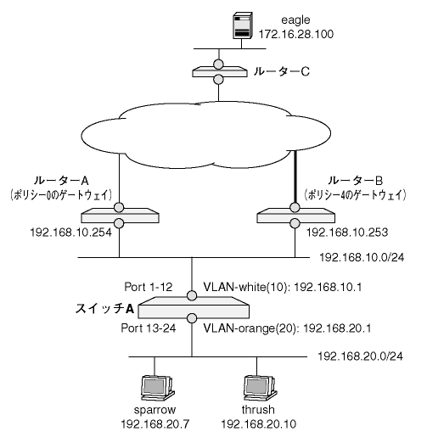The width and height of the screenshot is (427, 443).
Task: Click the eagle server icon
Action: (x=243, y=25)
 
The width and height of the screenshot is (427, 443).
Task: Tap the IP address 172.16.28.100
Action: (x=296, y=34)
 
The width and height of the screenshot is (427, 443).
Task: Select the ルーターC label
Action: (x=282, y=71)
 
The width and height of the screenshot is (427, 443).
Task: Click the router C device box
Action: (x=218, y=72)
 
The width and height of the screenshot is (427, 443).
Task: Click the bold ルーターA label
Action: (x=61, y=181)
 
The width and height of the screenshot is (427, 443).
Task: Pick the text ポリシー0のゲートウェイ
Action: (x=60, y=195)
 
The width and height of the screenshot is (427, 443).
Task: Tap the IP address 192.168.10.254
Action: (x=71, y=233)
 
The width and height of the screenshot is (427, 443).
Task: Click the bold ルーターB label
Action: (x=356, y=181)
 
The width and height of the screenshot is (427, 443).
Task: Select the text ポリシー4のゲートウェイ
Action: (x=355, y=195)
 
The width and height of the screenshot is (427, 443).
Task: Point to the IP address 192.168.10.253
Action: (x=347, y=233)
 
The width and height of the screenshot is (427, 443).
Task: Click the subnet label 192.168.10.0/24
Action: (x=362, y=257)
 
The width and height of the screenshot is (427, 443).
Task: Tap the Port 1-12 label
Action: (x=149, y=287)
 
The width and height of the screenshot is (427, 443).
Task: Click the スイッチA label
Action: (x=104, y=309)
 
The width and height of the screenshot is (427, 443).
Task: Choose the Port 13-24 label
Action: (x=149, y=328)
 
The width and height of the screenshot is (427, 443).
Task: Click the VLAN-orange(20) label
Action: (x=250, y=328)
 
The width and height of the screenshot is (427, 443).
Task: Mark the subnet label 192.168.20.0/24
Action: (x=361, y=356)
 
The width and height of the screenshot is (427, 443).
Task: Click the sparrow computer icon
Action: (x=157, y=389)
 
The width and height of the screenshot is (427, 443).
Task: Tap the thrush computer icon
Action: (x=260, y=389)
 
